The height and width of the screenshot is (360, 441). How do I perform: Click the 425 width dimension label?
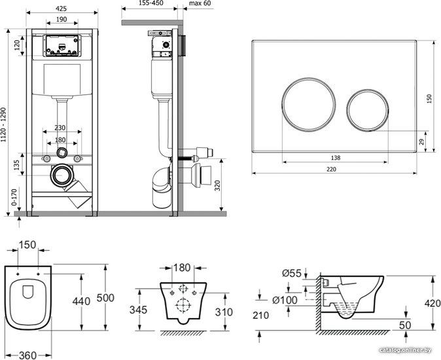point(61,9)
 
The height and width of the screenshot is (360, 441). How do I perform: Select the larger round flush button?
point(309,104)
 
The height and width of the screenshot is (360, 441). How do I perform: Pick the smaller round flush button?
point(368,110)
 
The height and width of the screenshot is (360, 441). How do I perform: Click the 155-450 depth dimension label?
point(150,3)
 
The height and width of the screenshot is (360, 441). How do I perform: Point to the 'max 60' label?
point(200,3)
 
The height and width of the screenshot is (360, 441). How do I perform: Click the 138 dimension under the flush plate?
point(336,158)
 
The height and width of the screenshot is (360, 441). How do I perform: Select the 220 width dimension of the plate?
point(331,170)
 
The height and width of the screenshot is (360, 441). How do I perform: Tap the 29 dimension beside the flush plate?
point(421,142)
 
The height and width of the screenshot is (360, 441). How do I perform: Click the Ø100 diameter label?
point(285,300)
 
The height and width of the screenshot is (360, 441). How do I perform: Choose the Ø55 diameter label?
point(291,273)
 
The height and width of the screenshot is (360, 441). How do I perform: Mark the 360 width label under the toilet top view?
point(27,355)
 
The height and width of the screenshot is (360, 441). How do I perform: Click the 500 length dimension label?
point(105,298)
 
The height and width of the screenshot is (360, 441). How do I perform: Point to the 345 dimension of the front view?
point(138,310)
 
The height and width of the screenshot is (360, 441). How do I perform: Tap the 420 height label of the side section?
point(432,303)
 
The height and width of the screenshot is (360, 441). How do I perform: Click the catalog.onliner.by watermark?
point(405,350)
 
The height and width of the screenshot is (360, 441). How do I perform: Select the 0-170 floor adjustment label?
point(14,197)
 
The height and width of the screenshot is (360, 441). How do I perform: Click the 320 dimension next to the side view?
point(217,186)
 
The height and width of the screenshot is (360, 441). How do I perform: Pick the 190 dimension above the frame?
point(62,20)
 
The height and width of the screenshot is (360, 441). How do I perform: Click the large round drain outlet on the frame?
point(62,175)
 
